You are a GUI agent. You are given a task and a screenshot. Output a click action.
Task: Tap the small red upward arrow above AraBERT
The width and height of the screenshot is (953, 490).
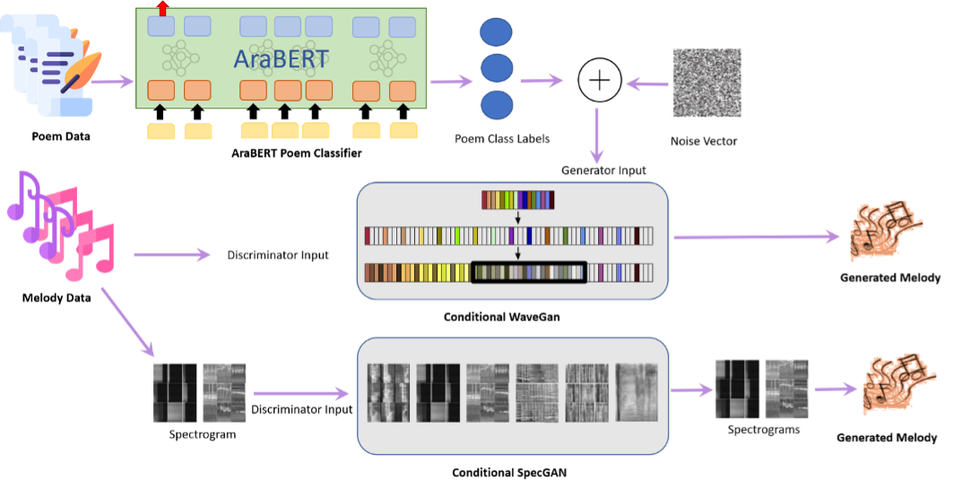coord(162,8)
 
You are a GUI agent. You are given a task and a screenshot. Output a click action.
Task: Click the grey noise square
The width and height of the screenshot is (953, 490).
coord(708,83)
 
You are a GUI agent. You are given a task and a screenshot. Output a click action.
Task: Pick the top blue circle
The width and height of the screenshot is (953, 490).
coord(497,32)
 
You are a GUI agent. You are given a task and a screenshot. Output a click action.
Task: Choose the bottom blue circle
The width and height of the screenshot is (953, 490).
coord(497,105)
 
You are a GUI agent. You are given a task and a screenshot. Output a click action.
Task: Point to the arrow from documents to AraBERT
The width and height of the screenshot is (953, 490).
coord(113,83)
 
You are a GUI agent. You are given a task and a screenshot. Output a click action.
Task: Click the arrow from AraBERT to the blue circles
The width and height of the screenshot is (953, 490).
coord(451,83)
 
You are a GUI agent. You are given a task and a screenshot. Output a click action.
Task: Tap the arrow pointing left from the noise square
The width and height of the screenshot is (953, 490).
coord(646,84)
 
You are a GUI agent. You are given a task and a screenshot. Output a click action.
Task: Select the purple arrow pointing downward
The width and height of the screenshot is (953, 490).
coord(597,136)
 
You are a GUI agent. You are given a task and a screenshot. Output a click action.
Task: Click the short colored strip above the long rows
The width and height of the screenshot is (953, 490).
coord(518,199)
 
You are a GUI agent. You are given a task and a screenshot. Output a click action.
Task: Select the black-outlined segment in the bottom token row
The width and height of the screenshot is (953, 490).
coord(529,272)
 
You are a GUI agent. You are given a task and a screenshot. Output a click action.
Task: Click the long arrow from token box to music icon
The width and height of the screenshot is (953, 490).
coord(757,238)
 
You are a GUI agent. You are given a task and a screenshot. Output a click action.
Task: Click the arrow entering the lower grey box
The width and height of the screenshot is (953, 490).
coord(300,392)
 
